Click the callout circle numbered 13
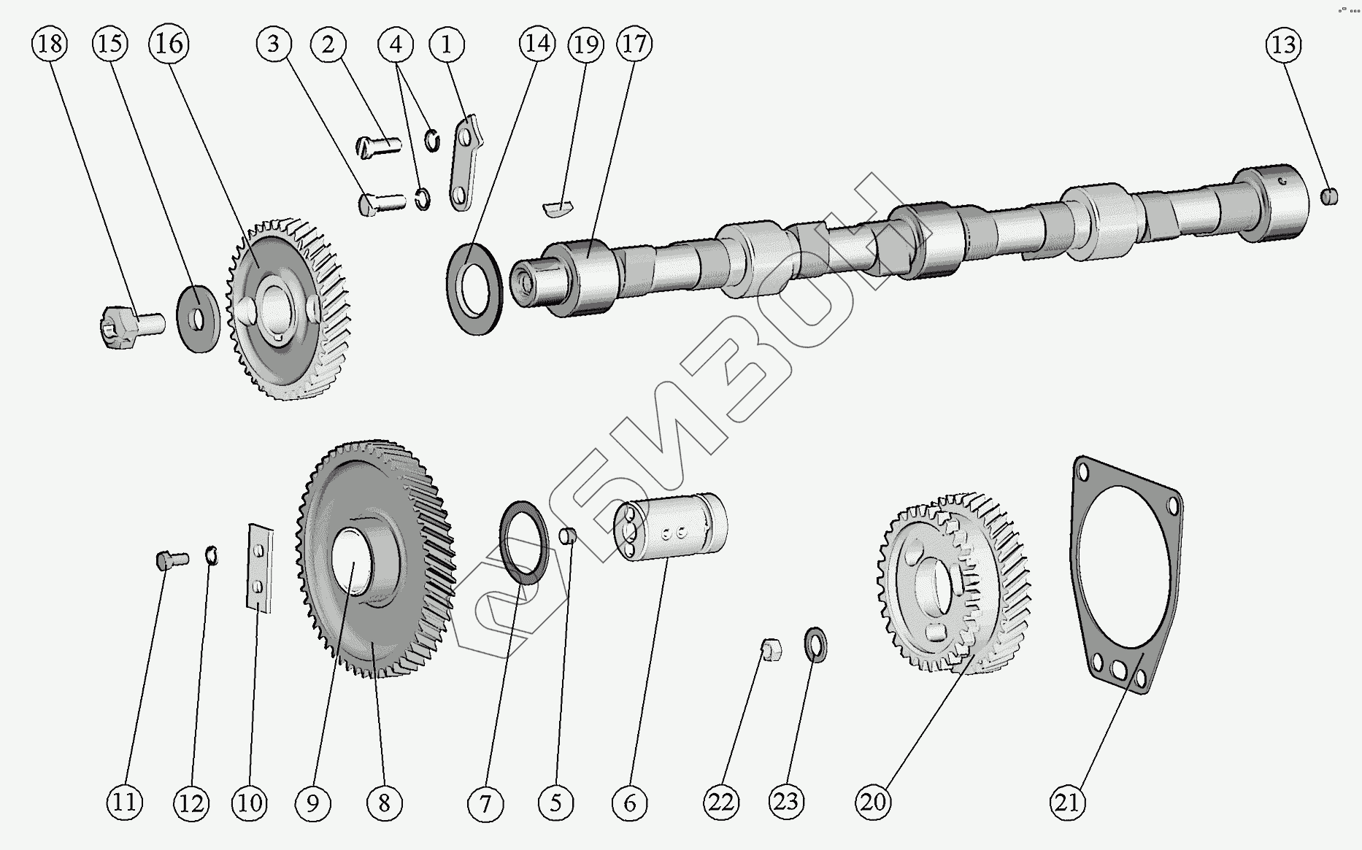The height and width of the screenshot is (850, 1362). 1283,45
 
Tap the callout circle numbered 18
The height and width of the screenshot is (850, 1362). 50,44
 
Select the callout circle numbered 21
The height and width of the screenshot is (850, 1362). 1067,802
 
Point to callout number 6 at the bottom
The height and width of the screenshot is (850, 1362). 629,803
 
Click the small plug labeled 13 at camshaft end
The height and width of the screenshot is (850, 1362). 1329,196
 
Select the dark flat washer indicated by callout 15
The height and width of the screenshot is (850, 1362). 198,320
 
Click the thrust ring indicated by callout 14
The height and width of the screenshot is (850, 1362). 474,290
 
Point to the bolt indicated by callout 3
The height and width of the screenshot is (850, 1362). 382,202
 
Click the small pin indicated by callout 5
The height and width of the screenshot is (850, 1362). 568,536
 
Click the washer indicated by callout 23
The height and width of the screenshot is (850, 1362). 815,645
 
